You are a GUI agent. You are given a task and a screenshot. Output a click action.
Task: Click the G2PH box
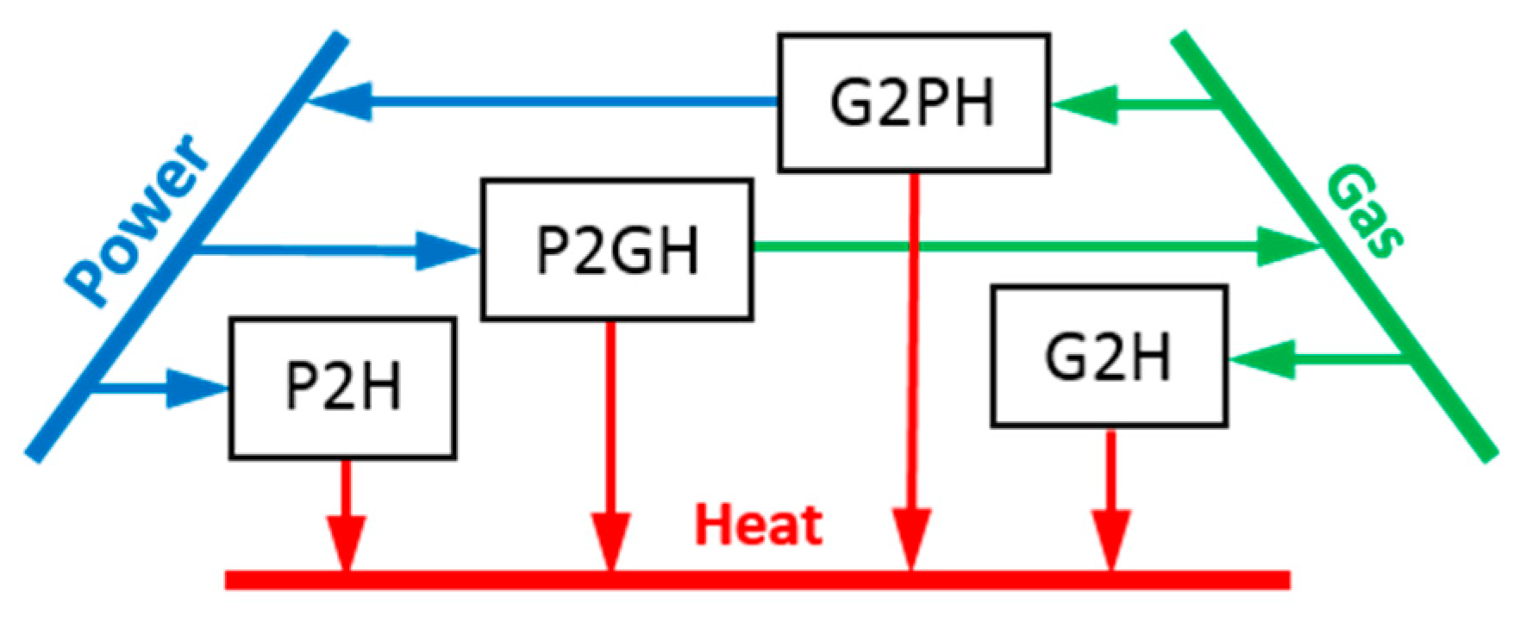(x=913, y=103)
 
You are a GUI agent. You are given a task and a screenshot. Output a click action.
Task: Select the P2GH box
(x=616, y=250)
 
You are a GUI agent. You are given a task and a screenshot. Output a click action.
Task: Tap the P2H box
(x=342, y=388)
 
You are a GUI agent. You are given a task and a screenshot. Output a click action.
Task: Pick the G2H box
(x=1109, y=356)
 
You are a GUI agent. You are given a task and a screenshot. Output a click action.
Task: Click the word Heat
(x=759, y=525)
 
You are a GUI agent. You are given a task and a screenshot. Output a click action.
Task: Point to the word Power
(x=138, y=220)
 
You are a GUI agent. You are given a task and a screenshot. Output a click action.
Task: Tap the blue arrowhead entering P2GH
(x=447, y=251)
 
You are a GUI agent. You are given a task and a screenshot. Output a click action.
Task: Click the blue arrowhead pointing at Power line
(x=341, y=102)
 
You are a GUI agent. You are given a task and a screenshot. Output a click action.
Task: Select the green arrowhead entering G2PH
(x=1085, y=105)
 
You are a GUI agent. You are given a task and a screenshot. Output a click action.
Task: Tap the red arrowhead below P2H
(x=346, y=542)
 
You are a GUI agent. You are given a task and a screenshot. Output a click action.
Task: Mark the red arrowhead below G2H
(x=1111, y=538)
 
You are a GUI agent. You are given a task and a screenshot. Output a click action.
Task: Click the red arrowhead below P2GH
(x=610, y=540)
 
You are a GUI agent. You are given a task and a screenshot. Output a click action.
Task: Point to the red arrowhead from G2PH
(x=911, y=538)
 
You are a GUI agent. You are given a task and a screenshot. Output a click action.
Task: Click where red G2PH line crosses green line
(x=911, y=247)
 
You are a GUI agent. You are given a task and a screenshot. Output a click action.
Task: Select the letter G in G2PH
(x=850, y=103)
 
